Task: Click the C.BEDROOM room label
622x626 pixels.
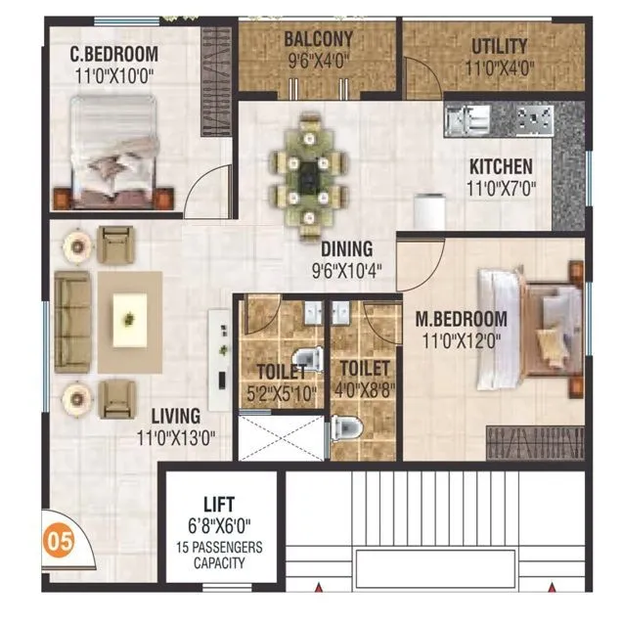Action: tap(114, 54)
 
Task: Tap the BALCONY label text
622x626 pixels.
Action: tap(318, 40)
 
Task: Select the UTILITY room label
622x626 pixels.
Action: tap(499, 46)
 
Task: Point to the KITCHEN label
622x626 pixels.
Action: tap(500, 166)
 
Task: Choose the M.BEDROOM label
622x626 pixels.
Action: tap(461, 319)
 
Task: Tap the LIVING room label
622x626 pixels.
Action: tap(175, 416)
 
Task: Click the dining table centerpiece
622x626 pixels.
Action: tap(310, 174)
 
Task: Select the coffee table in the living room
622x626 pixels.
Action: tap(129, 320)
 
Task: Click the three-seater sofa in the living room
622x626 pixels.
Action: tap(71, 321)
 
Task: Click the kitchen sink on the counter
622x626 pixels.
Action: tap(466, 121)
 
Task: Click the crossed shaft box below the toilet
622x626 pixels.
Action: tap(281, 437)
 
